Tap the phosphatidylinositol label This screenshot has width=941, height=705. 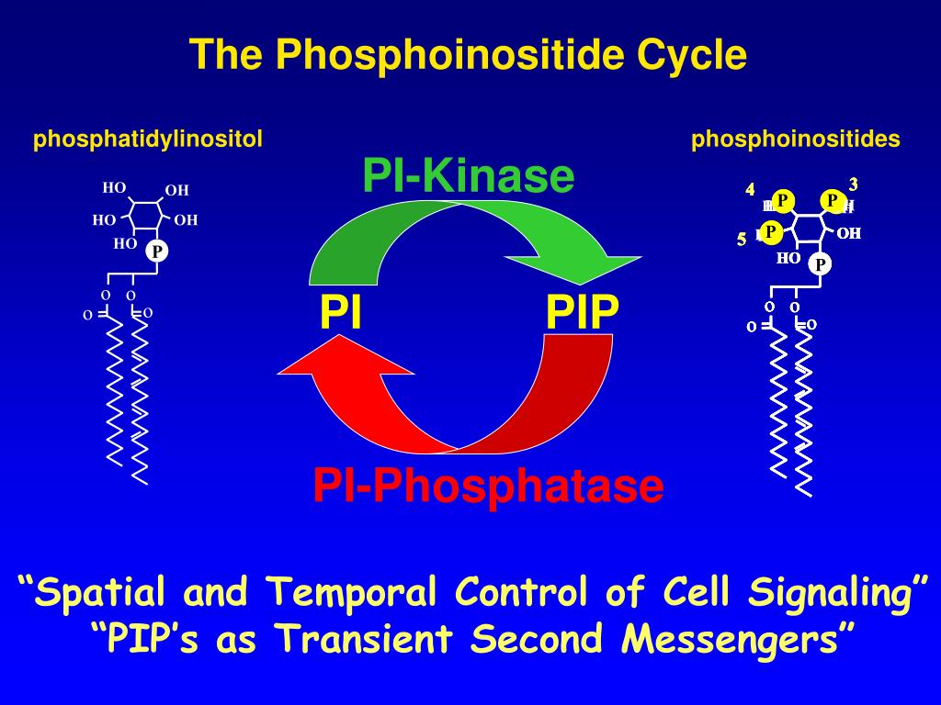[148, 140]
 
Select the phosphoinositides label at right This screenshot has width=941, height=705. [796, 140]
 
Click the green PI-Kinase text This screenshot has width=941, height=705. [469, 175]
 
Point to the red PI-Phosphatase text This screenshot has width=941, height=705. [488, 486]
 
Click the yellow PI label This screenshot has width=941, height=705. [341, 312]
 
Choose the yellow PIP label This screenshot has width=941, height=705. [583, 312]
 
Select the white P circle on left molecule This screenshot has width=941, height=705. [157, 251]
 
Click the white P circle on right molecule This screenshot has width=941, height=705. [820, 265]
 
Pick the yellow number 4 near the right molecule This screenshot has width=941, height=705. [751, 190]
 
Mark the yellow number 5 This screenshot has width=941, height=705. [742, 241]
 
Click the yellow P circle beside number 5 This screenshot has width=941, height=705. [770, 230]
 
